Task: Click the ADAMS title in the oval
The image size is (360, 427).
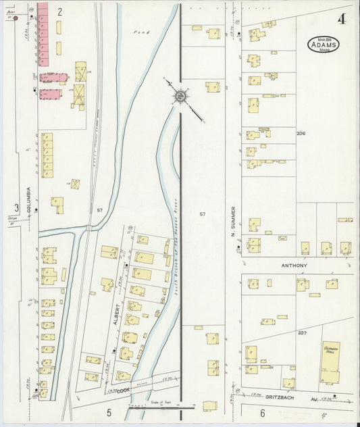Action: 324,46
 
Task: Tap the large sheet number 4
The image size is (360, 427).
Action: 343,19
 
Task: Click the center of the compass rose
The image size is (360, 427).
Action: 180,97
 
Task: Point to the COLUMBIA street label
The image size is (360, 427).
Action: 29,200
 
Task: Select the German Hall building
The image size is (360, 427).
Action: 330,361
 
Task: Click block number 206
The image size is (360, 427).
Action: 301,134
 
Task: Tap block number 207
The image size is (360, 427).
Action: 301,333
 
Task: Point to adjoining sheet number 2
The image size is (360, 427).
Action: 59,11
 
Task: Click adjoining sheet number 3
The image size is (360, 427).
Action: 16,207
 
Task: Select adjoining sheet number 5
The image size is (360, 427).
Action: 108,412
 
